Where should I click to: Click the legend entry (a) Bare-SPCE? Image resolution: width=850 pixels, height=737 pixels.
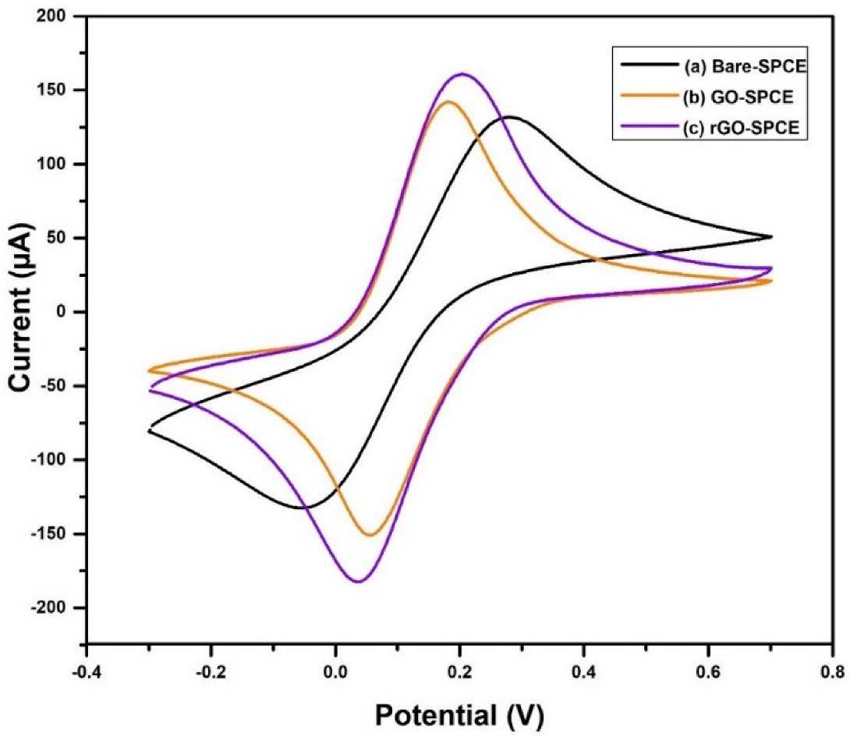tap(744, 67)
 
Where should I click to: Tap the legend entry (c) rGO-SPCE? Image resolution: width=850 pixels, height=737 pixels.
tap(741, 129)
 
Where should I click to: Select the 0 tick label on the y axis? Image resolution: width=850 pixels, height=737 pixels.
tap(66, 312)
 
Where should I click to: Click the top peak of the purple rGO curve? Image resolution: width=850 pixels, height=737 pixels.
tap(462, 74)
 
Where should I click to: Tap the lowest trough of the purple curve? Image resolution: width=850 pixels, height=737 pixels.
tap(358, 581)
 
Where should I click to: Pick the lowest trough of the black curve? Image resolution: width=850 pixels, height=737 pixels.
tap(303, 508)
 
